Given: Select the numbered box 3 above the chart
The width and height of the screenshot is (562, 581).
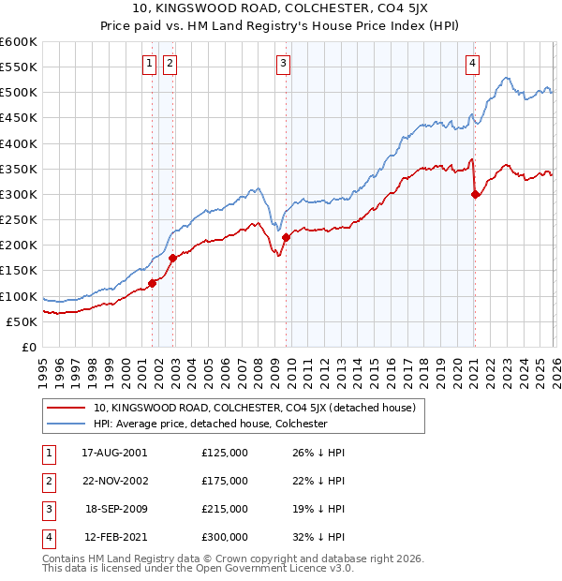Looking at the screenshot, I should click(283, 64).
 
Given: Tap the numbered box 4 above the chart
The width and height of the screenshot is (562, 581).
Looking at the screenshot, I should click(472, 64).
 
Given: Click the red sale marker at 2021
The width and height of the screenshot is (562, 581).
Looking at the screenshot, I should click(475, 195).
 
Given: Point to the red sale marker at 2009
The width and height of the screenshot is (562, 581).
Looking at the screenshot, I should click(286, 238).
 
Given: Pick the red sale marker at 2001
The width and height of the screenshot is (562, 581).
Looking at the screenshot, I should click(152, 283).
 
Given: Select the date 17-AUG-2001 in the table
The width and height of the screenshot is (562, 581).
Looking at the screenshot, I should click(114, 453).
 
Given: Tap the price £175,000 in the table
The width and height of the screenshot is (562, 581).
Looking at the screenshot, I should click(225, 481).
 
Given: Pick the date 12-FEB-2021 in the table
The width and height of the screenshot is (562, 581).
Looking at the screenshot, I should click(114, 537).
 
